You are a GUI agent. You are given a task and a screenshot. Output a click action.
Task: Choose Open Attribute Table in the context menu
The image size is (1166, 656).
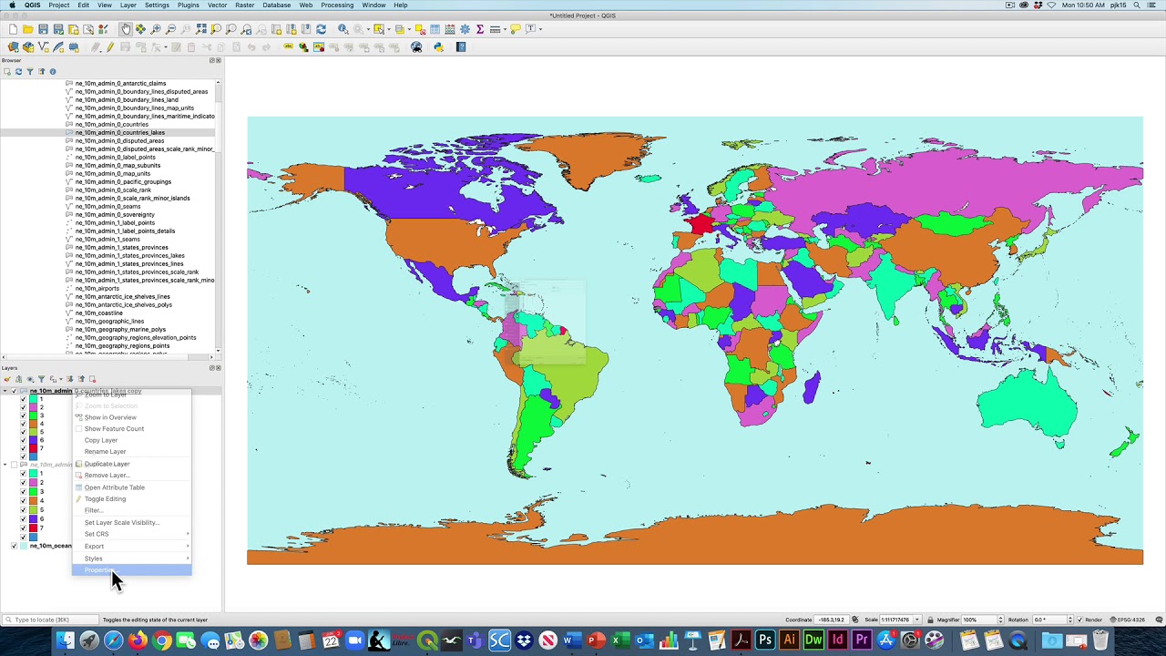(114, 487)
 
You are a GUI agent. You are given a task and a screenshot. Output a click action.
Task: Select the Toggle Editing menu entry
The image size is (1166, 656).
(105, 499)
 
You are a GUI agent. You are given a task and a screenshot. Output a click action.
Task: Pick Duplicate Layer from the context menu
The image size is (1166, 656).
(107, 464)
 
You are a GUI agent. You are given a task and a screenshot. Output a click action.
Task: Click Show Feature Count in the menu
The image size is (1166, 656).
(114, 428)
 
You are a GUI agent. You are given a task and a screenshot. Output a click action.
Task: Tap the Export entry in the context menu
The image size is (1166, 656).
(95, 547)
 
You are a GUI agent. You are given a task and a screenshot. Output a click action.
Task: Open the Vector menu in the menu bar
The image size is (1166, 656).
(217, 5)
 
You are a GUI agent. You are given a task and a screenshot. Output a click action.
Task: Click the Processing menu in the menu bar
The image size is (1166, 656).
(337, 5)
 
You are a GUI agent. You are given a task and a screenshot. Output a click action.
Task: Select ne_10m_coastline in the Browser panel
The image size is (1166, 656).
(98, 313)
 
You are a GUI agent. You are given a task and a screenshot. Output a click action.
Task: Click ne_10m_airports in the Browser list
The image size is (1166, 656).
(97, 289)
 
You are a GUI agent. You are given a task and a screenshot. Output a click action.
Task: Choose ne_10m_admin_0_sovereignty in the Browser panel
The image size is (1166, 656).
(115, 215)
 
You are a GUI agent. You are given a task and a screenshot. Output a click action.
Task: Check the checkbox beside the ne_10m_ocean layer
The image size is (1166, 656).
(14, 546)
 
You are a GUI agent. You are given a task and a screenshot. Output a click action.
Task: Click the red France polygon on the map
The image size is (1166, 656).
(701, 223)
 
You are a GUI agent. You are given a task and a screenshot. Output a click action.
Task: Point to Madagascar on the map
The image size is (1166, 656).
(811, 384)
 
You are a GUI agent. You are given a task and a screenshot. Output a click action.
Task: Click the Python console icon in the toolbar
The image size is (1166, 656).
(438, 47)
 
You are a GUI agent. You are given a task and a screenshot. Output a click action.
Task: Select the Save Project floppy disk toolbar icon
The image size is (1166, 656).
(43, 29)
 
